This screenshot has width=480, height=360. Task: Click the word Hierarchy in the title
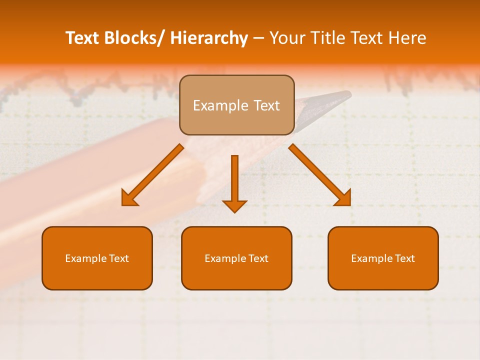pos(208,38)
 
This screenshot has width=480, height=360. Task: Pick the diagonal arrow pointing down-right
pos(320,175)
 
